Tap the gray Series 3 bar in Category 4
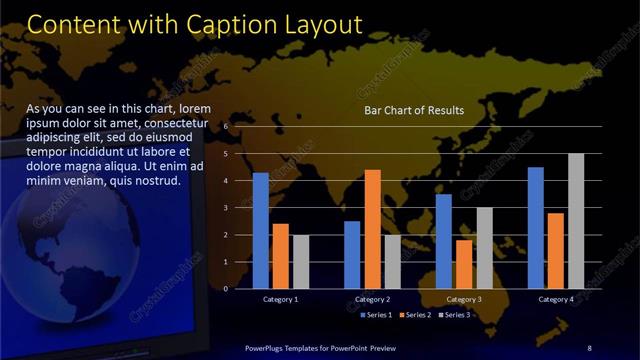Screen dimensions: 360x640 [575, 221]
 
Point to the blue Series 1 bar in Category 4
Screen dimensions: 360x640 [535, 228]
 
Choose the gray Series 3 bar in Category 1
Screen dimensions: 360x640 [301, 262]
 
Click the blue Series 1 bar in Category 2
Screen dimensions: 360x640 [352, 255]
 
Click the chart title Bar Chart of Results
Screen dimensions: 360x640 [413, 110]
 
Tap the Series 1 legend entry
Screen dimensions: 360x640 [375, 315]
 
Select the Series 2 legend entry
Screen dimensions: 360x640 [416, 315]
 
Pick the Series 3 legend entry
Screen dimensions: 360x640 [455, 315]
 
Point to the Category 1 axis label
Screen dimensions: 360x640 [280, 299]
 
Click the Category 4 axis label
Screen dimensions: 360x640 [555, 299]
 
